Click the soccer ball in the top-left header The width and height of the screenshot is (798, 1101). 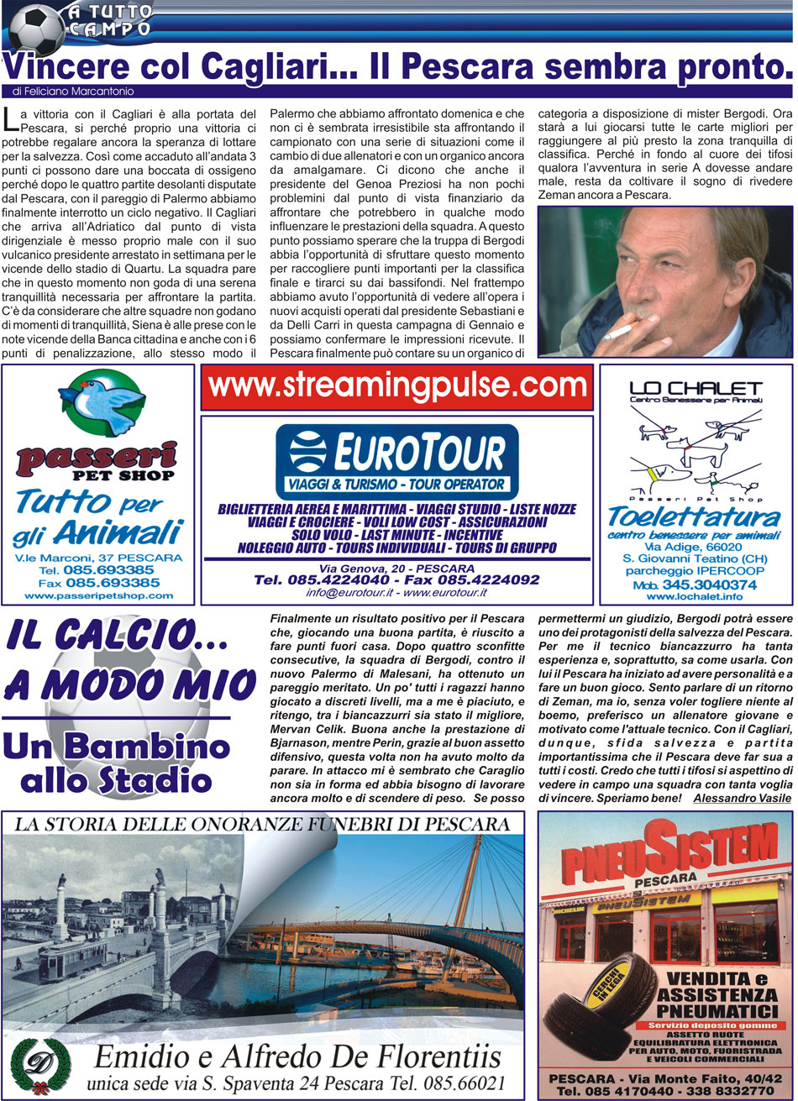click(x=36, y=28)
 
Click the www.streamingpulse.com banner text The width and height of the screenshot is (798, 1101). click(x=396, y=386)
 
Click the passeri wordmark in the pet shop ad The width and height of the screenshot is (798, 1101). click(x=97, y=457)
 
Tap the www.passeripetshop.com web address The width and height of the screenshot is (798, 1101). click(x=98, y=595)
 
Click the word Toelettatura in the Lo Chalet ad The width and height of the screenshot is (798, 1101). click(x=694, y=516)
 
